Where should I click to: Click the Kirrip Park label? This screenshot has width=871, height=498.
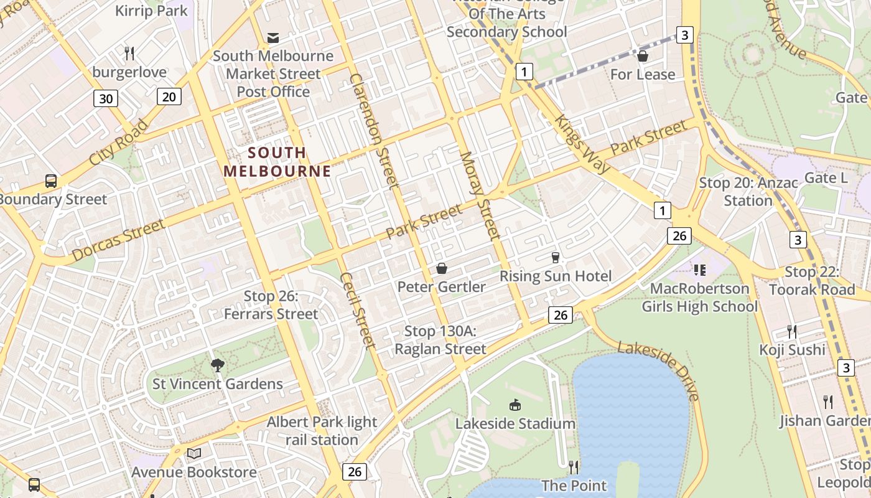click(x=151, y=11)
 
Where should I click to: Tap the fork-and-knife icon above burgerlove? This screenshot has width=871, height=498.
click(x=129, y=53)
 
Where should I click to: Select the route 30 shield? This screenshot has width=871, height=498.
click(x=106, y=98)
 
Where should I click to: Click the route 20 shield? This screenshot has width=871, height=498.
click(x=169, y=96)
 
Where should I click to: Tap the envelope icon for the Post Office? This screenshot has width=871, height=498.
click(x=273, y=37)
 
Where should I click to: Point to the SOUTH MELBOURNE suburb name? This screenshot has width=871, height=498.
click(x=277, y=162)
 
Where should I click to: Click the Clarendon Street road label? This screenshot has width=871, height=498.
click(x=374, y=131)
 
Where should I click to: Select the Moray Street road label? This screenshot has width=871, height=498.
click(x=480, y=195)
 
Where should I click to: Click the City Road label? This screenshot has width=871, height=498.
click(x=118, y=143)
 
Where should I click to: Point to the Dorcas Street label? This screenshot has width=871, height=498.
click(x=118, y=240)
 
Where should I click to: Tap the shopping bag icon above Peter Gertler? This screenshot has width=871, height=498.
click(x=442, y=268)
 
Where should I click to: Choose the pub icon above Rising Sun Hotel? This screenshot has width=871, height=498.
click(x=556, y=257)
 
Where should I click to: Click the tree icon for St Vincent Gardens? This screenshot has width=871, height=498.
click(x=217, y=365)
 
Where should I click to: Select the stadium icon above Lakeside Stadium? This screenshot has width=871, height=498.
click(x=515, y=405)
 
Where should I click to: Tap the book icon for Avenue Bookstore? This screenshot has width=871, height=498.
click(x=194, y=453)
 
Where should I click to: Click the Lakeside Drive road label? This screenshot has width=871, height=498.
click(x=660, y=370)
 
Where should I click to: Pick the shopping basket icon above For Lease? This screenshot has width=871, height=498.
click(x=643, y=56)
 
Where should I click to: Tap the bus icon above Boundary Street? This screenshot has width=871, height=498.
click(x=51, y=181)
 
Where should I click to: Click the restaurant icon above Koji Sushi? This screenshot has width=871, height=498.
click(x=792, y=331)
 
